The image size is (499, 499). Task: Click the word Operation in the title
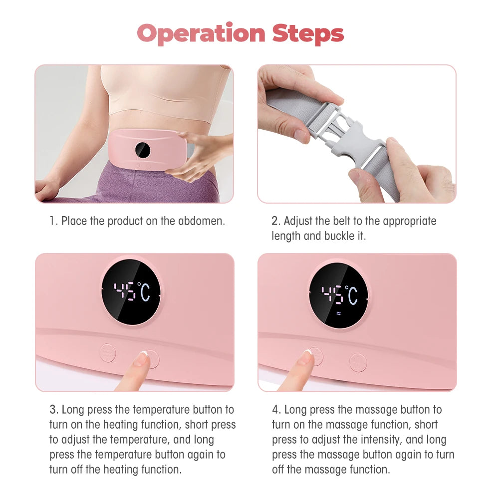pos(202,34)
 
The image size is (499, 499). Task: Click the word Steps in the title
pos(308,34)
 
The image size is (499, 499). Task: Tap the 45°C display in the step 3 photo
pos(131,292)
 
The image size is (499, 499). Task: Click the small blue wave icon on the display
pos(339,314)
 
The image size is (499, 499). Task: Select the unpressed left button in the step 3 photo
pos(107,353)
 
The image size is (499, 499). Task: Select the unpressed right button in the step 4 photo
pos(358,362)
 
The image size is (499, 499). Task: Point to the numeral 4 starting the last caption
pos(275,410)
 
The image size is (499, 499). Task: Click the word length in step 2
pos(285,236)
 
